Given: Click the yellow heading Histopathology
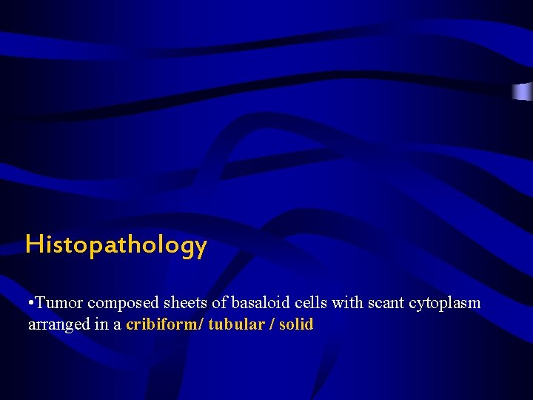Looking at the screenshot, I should click(116, 244).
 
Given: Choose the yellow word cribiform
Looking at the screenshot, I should click(163, 324).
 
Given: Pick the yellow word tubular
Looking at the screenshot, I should click(236, 324).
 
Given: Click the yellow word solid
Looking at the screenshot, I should click(297, 324).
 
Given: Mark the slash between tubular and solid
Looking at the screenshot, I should click(272, 324).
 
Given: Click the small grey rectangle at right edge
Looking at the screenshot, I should click(523, 92).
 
